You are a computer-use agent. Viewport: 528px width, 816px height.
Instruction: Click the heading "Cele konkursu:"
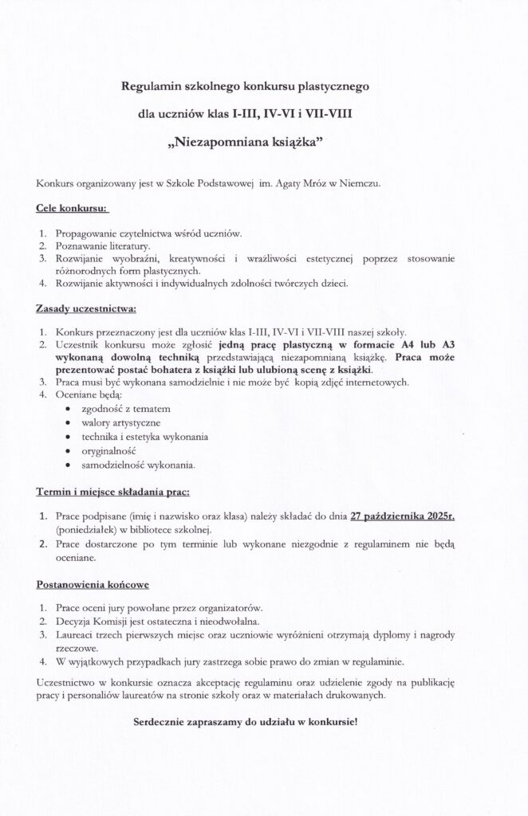[72, 209]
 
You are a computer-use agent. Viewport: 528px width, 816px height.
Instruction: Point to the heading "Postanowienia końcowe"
[93, 584]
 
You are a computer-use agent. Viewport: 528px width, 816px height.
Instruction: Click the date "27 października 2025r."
[408, 516]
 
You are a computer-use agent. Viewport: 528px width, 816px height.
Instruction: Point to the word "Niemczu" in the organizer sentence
[361, 184]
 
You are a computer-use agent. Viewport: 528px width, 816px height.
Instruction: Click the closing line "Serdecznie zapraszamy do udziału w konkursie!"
[245, 722]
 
